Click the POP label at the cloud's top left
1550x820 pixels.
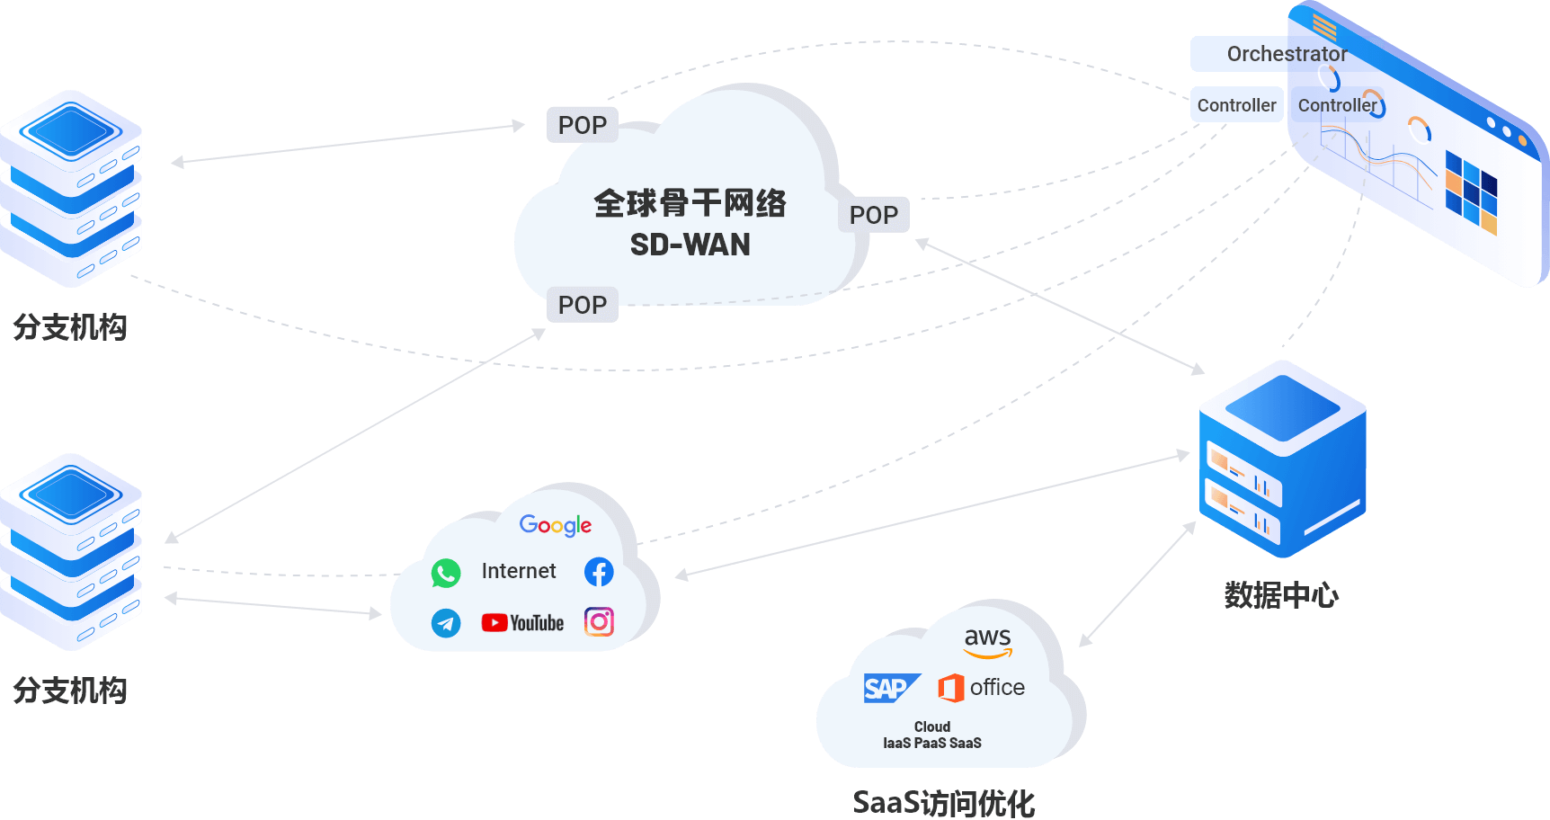(x=582, y=125)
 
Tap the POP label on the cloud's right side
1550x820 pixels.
(x=873, y=215)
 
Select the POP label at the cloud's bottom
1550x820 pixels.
(x=582, y=305)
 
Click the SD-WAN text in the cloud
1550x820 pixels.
(x=690, y=245)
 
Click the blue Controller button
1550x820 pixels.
(x=1236, y=105)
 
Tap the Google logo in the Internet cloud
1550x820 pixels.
(x=556, y=525)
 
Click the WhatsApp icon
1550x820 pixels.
(x=446, y=573)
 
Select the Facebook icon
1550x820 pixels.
(x=599, y=572)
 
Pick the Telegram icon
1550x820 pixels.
(x=446, y=622)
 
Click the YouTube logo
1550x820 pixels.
(x=522, y=622)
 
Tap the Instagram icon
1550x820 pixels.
(x=599, y=621)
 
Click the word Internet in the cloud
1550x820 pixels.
(x=519, y=571)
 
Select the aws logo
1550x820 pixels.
(x=987, y=641)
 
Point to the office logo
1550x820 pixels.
(x=981, y=688)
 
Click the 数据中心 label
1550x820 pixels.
(x=1281, y=595)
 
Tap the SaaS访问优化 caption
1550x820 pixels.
(x=943, y=803)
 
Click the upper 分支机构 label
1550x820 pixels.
(x=70, y=327)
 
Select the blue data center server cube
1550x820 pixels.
(x=1282, y=459)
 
